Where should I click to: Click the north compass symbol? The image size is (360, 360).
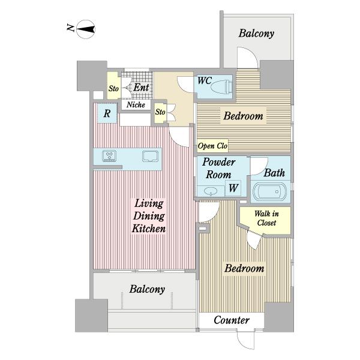85,29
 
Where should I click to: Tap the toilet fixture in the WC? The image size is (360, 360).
221,87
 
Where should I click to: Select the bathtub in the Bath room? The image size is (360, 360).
269,191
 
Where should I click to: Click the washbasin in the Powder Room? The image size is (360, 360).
211,191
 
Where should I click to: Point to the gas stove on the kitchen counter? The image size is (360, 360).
109,156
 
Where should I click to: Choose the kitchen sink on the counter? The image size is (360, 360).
150,156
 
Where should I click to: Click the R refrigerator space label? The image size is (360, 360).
107,113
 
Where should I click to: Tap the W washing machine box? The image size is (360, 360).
233,188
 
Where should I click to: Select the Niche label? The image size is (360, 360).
136,104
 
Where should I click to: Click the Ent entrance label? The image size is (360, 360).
141,87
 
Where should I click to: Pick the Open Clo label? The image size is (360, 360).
212,146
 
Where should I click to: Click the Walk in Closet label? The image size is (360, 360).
266,218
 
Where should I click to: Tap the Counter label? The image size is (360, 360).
232,320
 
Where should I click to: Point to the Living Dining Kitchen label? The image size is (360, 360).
149,216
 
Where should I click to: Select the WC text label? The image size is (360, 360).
205,80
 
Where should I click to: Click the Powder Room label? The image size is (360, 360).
218,168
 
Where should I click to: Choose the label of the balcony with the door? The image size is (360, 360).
256,33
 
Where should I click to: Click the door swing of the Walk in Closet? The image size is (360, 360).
254,240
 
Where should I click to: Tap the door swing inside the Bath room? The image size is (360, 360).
259,166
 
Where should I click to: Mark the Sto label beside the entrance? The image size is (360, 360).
113,88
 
